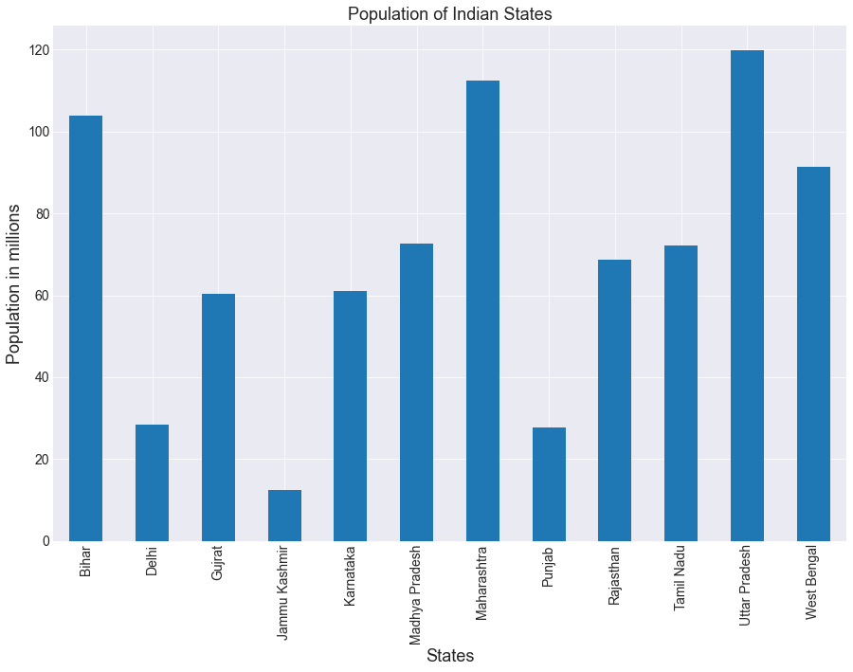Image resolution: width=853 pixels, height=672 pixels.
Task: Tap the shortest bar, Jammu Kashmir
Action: point(284,516)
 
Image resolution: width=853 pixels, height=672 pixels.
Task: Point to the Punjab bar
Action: point(549,484)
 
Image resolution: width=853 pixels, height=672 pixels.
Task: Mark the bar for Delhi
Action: point(153,482)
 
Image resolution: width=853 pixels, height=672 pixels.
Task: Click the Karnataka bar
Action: point(351,416)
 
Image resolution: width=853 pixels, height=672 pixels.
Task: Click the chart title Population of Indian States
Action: point(450,14)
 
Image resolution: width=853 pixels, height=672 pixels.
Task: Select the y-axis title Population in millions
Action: point(14,283)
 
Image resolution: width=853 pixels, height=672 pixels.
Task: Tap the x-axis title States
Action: point(450,656)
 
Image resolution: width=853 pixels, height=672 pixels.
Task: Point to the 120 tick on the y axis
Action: point(39,50)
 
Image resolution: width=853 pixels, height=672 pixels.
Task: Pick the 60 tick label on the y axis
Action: point(43,296)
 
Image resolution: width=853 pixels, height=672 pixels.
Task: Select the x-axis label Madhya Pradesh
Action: point(417,595)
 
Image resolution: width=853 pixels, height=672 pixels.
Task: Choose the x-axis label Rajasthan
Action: point(615,575)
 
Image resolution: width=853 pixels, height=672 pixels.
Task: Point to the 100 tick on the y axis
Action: point(39,132)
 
